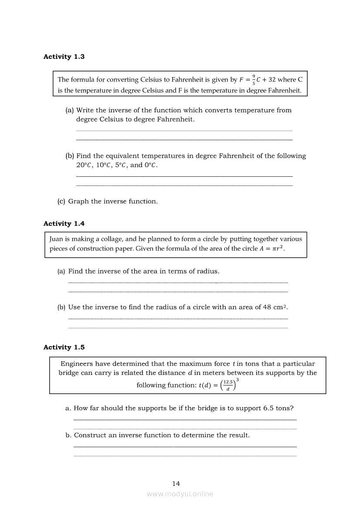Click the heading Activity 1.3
tap(64, 57)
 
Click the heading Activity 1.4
tap(64, 223)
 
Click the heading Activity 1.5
tap(64, 347)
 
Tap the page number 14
tap(176, 483)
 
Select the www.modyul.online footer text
tap(180, 494)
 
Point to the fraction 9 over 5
tap(254, 80)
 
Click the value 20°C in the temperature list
tap(83, 165)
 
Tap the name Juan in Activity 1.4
tap(56, 239)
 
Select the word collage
tap(111, 239)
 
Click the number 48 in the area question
tap(267, 307)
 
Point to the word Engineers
tap(77, 364)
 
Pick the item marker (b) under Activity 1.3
tap(70, 156)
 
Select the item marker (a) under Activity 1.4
tap(61, 271)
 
